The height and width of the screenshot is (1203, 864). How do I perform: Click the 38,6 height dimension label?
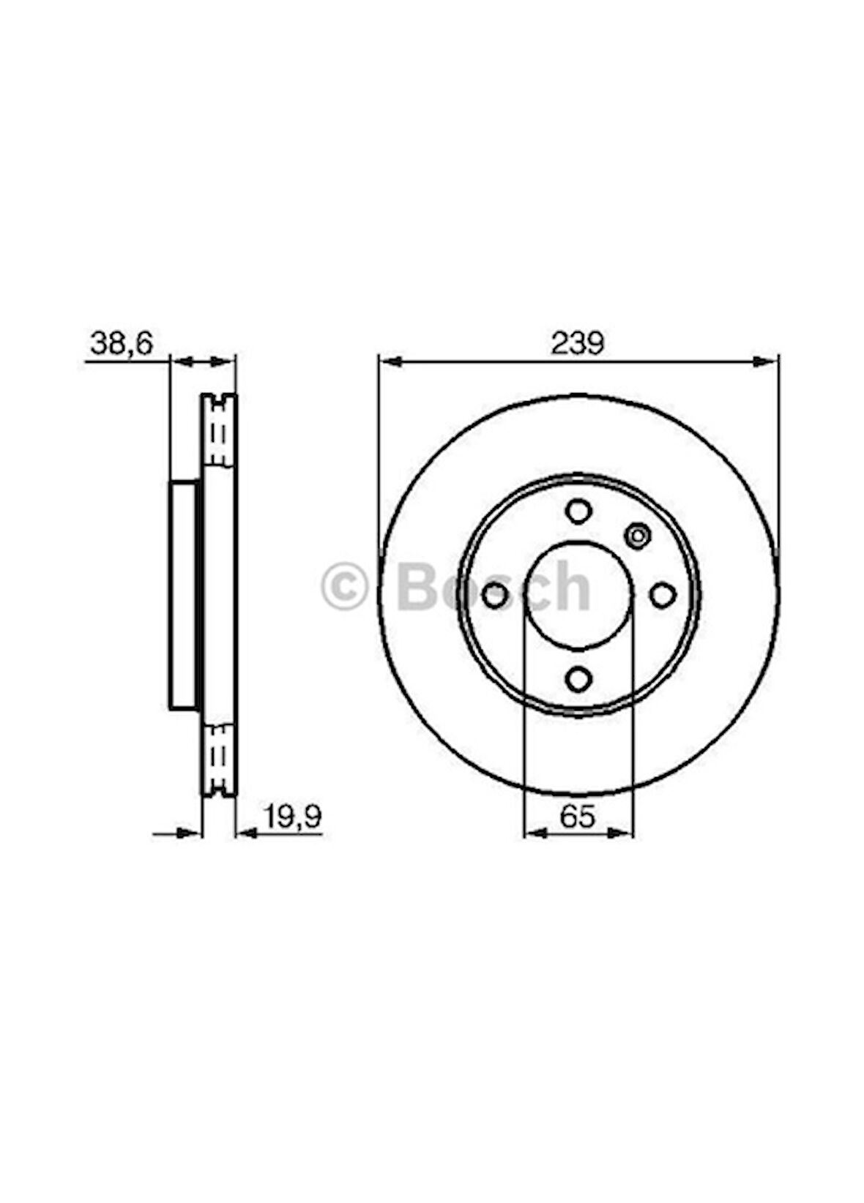click(120, 343)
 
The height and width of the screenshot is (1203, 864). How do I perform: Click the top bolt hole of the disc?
click(578, 510)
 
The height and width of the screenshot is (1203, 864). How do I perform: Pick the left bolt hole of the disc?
click(495, 595)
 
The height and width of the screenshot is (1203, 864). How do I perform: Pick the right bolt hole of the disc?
click(663, 595)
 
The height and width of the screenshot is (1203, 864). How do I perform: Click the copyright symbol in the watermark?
click(344, 586)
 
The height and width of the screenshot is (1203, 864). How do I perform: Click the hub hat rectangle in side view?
click(183, 594)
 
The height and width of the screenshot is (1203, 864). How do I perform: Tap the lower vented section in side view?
click(218, 759)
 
